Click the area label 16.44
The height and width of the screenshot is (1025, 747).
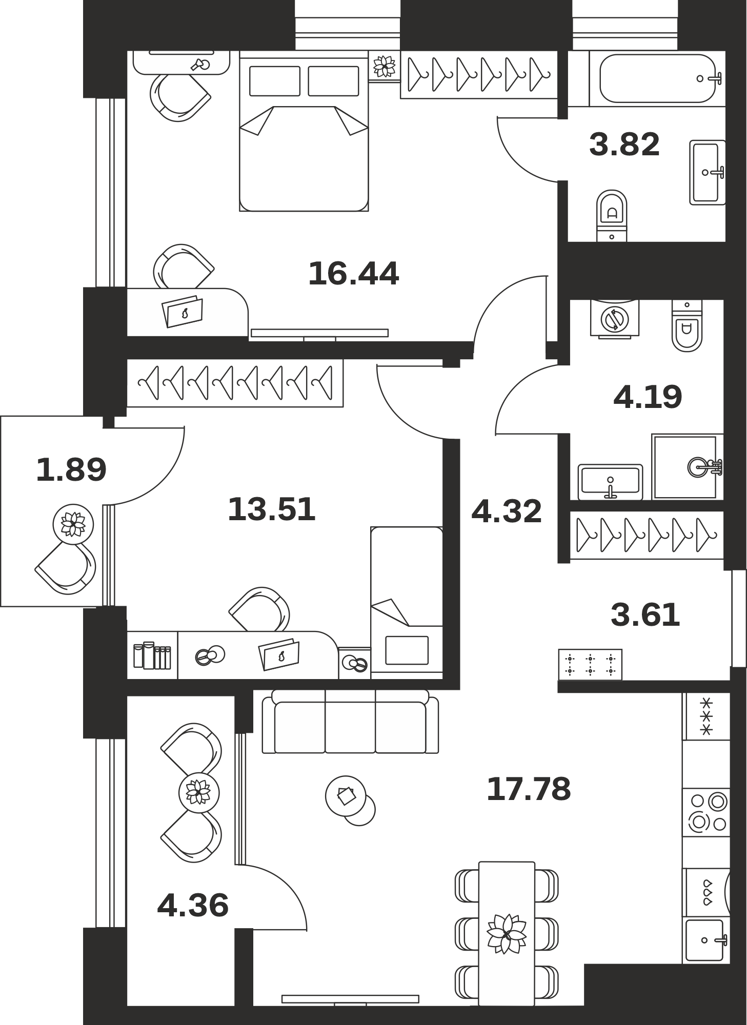click(353, 274)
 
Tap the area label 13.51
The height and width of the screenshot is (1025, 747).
click(271, 509)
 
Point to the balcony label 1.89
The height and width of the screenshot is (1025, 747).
click(71, 469)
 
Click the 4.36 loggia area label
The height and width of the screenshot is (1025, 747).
click(193, 906)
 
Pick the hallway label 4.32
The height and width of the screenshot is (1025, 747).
click(507, 511)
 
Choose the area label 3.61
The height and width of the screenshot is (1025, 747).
click(645, 615)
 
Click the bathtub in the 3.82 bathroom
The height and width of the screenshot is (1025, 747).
click(658, 78)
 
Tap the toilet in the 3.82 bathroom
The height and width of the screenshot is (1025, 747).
click(612, 215)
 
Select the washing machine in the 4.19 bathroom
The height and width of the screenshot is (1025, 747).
click(615, 319)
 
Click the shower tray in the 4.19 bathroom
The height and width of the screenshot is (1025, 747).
click(687, 467)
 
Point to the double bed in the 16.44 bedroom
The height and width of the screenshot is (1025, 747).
click(304, 134)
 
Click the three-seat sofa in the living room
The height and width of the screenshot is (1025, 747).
click(351, 722)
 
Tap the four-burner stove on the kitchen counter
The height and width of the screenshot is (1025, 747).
click(706, 812)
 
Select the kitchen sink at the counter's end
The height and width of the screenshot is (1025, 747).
click(706, 940)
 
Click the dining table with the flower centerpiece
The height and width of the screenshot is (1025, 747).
click(507, 933)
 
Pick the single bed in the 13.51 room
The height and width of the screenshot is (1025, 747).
click(407, 603)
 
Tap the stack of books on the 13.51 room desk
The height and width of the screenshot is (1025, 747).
click(152, 655)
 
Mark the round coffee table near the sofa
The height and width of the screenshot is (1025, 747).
click(346, 796)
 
